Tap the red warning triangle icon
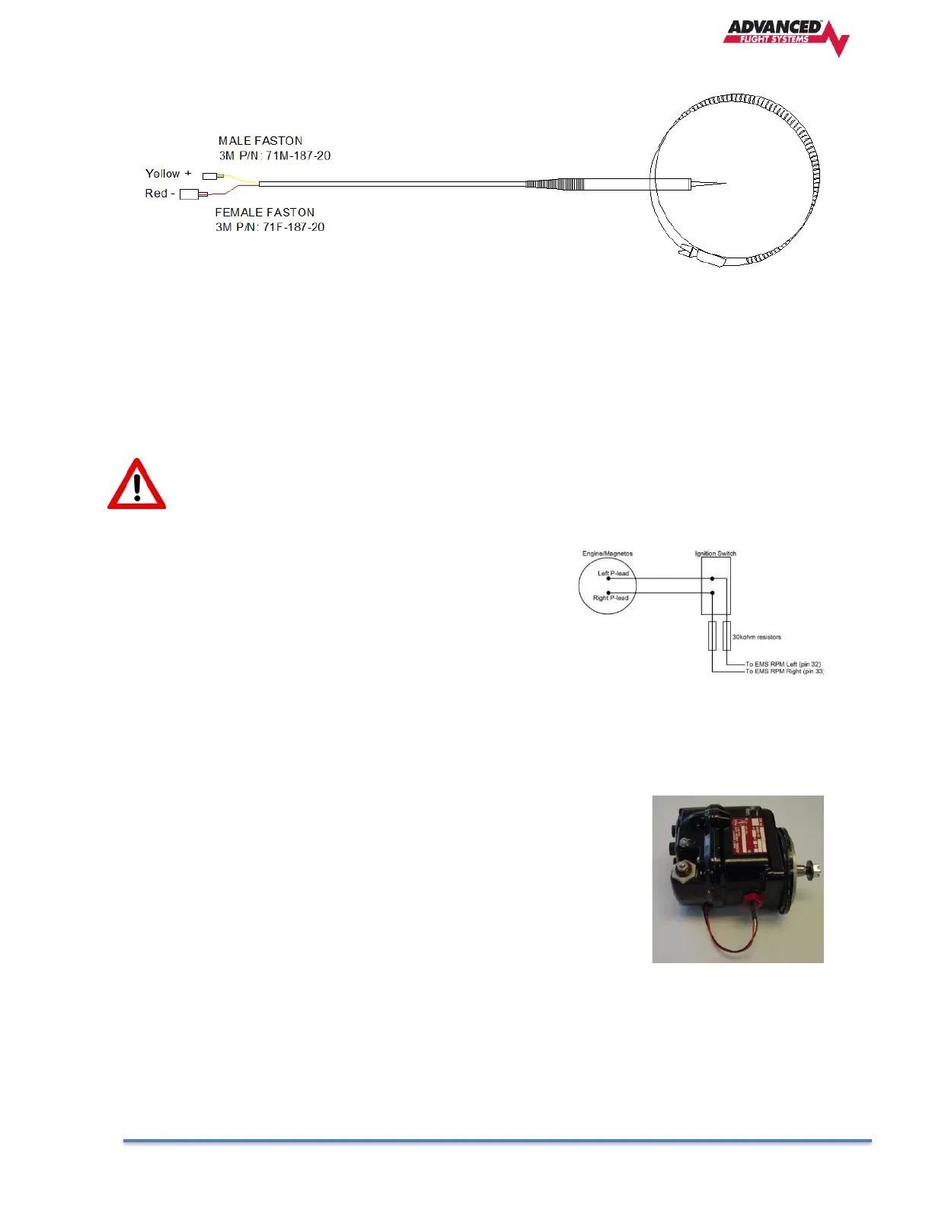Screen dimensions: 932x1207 (x=136, y=485)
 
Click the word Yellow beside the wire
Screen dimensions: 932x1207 (x=163, y=174)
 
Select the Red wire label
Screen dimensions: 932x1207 (x=156, y=194)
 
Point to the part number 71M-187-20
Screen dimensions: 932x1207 (x=298, y=155)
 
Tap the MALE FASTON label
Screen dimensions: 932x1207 (x=260, y=141)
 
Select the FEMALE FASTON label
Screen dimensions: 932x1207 (x=265, y=213)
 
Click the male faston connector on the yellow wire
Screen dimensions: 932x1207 (x=209, y=177)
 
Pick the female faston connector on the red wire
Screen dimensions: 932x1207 (x=189, y=194)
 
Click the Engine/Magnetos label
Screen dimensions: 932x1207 (x=608, y=554)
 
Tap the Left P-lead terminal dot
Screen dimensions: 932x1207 (x=608, y=578)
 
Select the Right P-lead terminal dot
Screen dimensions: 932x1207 (x=608, y=593)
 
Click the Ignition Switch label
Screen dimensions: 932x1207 (x=716, y=554)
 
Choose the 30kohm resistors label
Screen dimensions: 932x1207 (x=756, y=637)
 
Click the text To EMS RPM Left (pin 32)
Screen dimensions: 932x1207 (x=783, y=664)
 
